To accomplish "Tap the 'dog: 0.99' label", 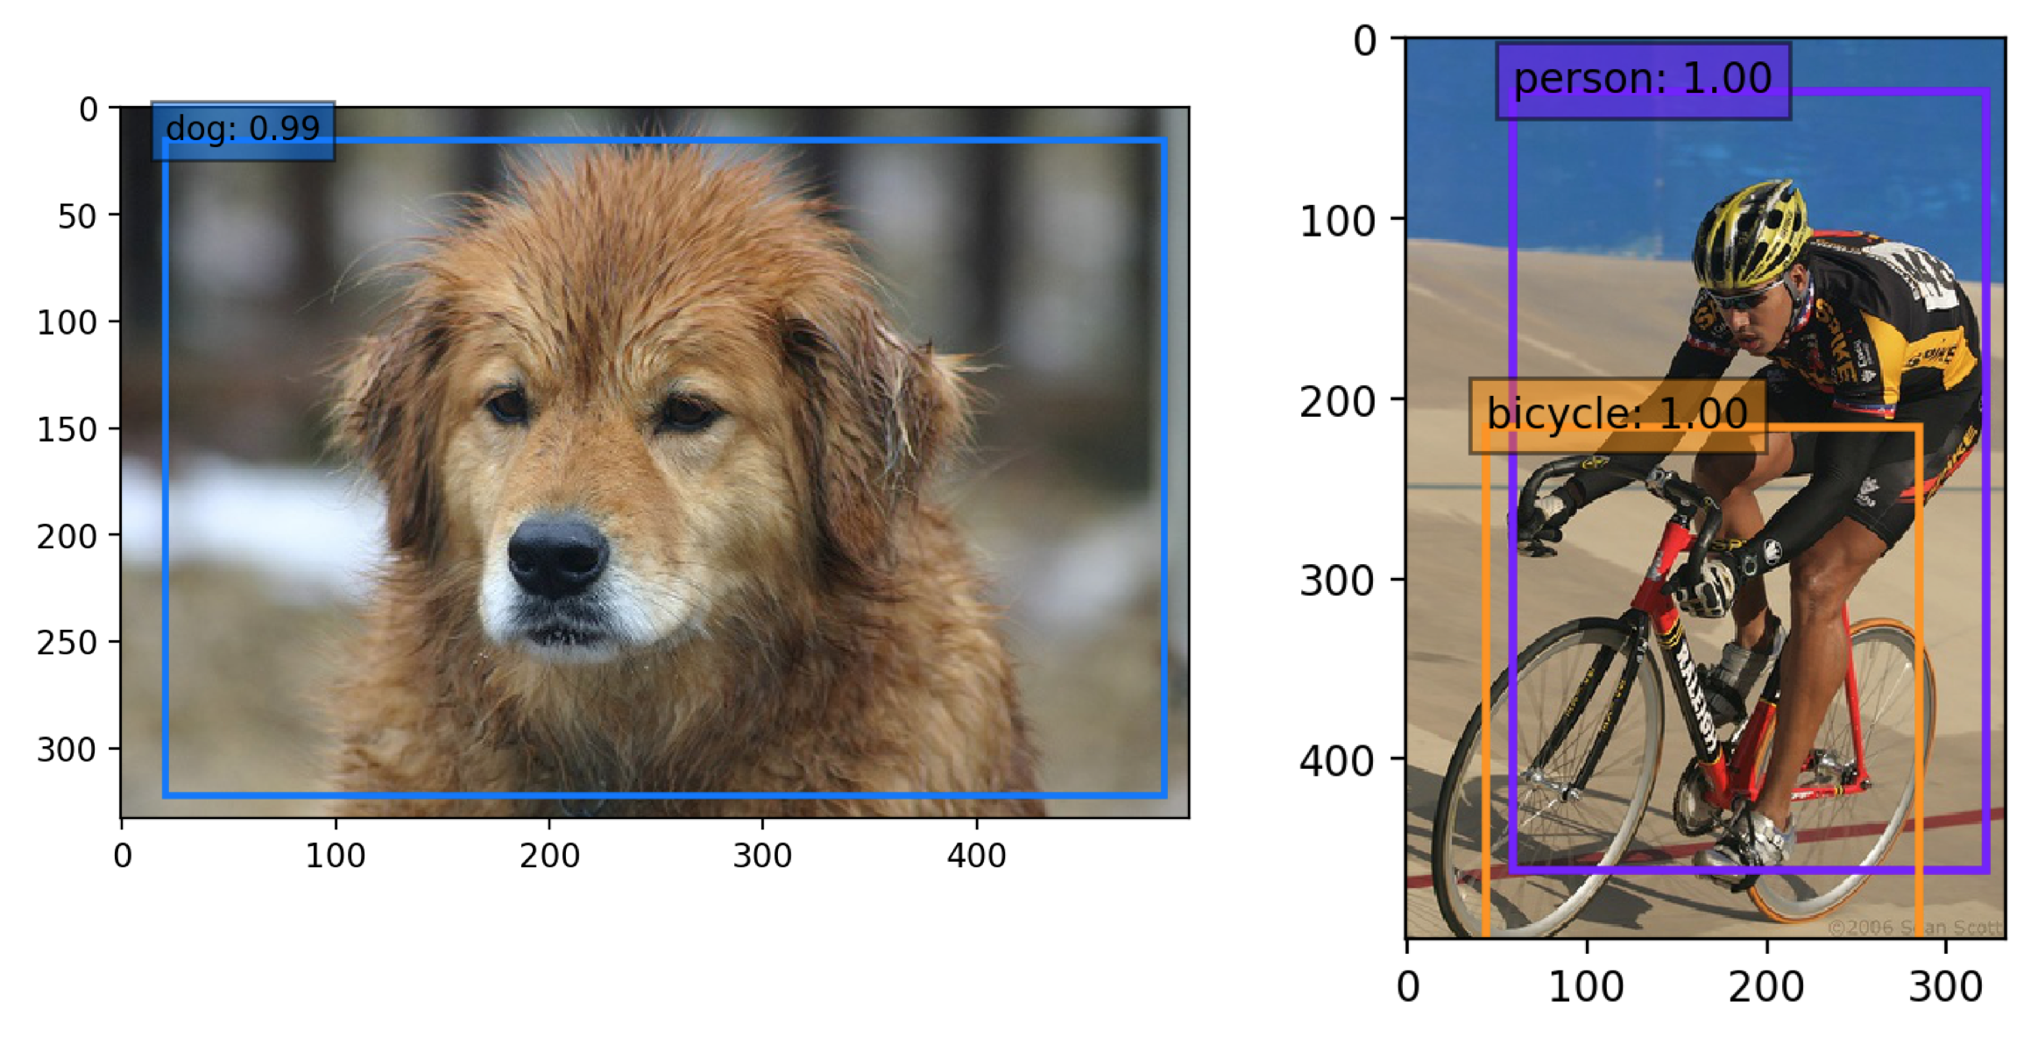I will point(243,130).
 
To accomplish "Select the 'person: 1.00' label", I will point(1643,80).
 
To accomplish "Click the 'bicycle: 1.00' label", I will point(1617,413).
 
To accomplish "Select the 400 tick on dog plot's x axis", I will point(976,856).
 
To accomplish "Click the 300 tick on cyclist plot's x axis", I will point(1945,987).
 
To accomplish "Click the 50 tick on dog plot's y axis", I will point(77,216).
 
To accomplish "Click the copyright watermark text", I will point(1915,927).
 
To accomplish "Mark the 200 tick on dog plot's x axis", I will point(548,856).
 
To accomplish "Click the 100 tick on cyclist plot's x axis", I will point(1586,987).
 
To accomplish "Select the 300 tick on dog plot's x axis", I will point(762,856).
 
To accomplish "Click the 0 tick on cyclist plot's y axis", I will point(1365,41).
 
